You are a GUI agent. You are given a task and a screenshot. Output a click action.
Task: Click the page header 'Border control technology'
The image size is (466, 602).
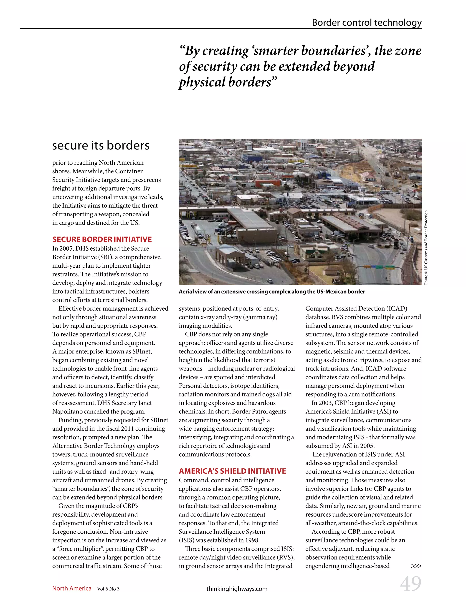366,22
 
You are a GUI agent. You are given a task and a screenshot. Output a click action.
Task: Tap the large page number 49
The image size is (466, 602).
410,584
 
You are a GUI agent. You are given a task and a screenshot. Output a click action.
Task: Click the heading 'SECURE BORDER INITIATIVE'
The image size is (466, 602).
102,239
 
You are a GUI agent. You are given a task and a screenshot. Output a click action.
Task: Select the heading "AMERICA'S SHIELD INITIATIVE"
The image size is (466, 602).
232,471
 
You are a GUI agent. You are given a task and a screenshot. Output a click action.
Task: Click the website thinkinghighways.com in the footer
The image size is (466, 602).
237,589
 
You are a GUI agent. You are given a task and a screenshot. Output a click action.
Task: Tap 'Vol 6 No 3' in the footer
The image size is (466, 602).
108,589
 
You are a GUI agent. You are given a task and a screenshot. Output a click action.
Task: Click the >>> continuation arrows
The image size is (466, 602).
416,566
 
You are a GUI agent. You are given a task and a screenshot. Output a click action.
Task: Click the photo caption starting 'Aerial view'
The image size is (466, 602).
272,292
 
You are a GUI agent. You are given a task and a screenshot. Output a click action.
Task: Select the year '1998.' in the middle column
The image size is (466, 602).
251,540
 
